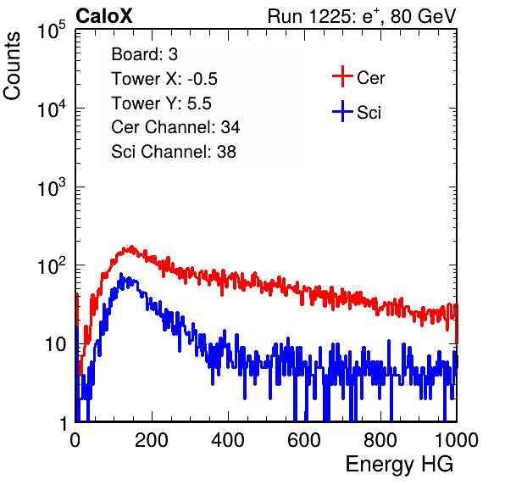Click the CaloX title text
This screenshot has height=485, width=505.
(x=103, y=16)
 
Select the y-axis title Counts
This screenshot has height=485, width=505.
(x=12, y=66)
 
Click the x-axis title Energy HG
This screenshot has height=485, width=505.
(x=399, y=465)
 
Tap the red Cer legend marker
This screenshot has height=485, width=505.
(x=342, y=76)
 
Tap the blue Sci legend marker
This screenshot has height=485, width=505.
(x=342, y=112)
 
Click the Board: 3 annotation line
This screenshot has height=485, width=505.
(x=144, y=54)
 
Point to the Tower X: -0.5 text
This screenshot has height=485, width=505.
(x=164, y=79)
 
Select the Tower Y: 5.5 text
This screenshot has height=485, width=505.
(x=161, y=103)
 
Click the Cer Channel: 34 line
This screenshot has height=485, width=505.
(x=175, y=127)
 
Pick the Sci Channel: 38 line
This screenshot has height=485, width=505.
(x=174, y=152)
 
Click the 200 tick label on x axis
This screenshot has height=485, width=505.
(x=152, y=440)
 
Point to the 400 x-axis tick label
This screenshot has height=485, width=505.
(x=228, y=440)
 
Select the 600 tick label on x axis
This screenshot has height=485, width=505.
(x=304, y=440)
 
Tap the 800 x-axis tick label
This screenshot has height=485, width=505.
(x=380, y=440)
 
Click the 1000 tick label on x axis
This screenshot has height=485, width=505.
(x=457, y=440)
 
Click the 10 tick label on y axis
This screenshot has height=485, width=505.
(x=55, y=344)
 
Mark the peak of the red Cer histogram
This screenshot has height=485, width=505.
(x=131, y=247)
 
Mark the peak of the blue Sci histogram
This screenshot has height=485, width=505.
(x=121, y=274)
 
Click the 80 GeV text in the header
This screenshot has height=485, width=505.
(x=423, y=16)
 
